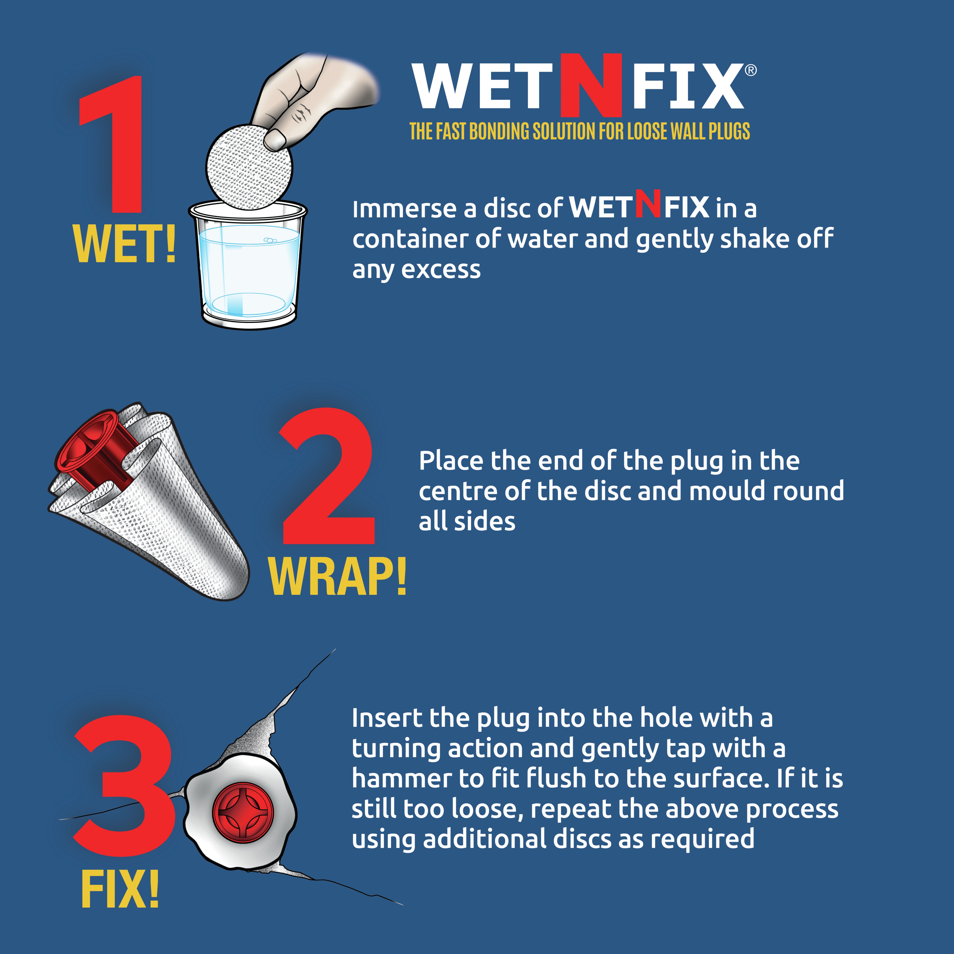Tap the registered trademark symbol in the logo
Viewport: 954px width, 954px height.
pos(750,71)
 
